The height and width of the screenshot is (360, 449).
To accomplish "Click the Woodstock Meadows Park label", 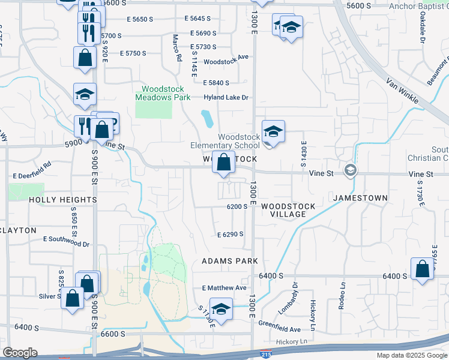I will coord(163,93).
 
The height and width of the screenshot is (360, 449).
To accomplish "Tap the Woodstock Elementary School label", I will coord(225,141).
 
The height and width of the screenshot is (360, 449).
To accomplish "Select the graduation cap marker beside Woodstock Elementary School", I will coord(273,132).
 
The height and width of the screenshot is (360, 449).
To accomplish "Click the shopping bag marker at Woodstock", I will coord(223,163).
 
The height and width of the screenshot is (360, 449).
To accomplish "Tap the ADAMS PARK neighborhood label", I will coord(229,261).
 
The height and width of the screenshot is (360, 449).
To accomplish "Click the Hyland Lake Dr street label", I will coord(226,97).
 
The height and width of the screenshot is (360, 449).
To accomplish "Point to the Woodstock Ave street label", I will coord(226,62).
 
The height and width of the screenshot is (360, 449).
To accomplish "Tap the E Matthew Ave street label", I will coord(224,288).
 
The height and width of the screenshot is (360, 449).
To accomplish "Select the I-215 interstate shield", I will coord(266,355).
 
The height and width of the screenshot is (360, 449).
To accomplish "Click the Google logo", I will coord(20,353).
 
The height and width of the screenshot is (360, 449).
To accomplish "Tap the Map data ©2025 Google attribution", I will coord(411,355).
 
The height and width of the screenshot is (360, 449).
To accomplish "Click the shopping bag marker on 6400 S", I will coord(423,269).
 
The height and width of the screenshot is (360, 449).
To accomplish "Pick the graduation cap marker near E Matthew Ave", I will coord(221,310).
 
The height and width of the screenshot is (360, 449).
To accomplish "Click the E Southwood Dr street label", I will coord(66,244).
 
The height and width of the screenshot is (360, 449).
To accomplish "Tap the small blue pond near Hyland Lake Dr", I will coord(208,119).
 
